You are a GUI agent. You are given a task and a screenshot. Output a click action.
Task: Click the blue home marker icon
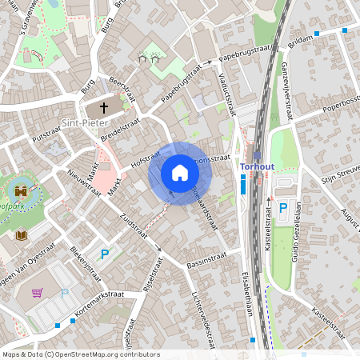[180, 173]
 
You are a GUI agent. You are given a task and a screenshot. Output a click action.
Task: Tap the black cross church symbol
[103, 106]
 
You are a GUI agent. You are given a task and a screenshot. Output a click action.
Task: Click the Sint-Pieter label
[82, 124]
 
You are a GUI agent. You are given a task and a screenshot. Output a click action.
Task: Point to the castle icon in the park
[21, 193]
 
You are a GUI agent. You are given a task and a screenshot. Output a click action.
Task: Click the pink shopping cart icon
[37, 292]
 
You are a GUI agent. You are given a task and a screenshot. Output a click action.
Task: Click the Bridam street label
[301, 43]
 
